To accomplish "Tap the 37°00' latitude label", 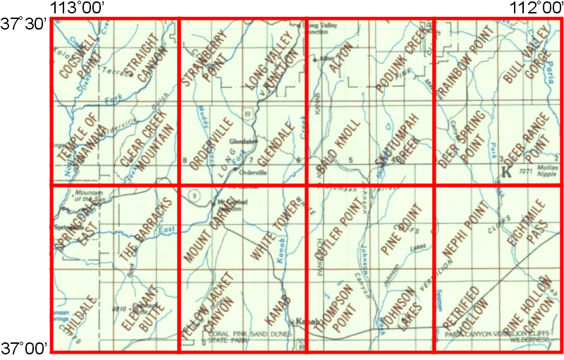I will [23, 347].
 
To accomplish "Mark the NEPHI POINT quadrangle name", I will [465, 230].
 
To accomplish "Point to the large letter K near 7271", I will [505, 171].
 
